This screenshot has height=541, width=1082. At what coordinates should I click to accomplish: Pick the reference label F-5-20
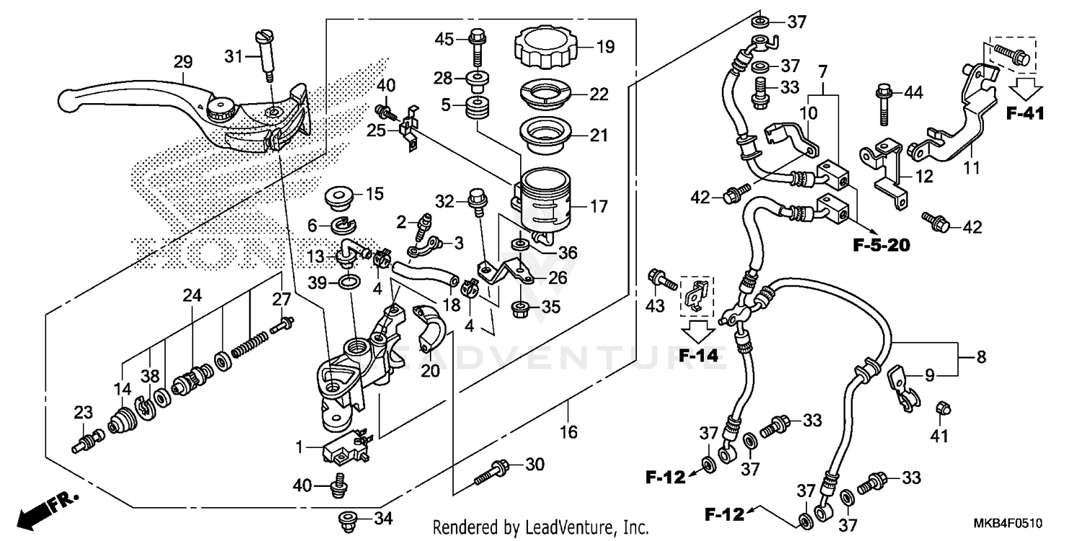881,246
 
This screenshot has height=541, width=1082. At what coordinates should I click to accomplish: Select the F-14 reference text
700,355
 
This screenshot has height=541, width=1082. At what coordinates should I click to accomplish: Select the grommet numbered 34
348,518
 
